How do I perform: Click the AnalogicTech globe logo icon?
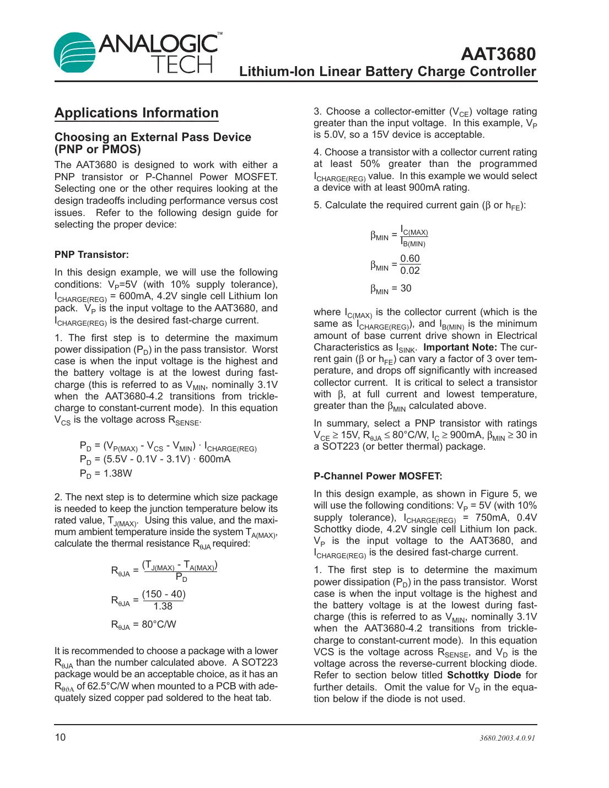click(74, 53)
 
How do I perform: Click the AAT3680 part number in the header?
click(498, 54)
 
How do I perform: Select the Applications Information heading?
click(136, 113)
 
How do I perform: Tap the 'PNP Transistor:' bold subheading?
click(91, 255)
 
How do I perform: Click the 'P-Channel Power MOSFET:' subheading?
click(378, 476)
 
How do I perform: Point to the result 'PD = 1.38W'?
click(106, 474)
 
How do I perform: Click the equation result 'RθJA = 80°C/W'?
click(143, 624)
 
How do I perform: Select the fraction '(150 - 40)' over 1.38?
click(164, 600)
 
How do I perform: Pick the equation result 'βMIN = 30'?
click(391, 289)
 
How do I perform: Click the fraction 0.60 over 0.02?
click(409, 265)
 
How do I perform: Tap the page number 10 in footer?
click(60, 737)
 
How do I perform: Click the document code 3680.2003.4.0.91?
click(506, 738)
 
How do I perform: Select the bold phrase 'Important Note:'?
click(460, 347)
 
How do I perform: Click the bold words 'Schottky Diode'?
click(483, 675)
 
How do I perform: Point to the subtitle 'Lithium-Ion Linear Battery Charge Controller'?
click(387, 72)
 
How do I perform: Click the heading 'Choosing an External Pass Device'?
click(153, 137)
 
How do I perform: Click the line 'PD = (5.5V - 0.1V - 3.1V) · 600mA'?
click(155, 460)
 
